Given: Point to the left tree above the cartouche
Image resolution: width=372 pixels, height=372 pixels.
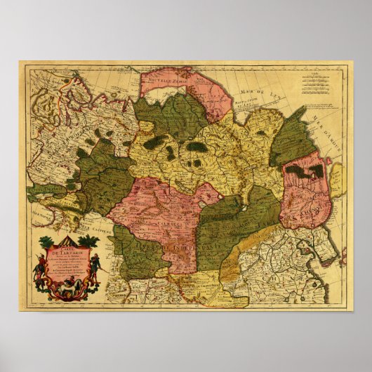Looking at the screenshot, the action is [46, 243].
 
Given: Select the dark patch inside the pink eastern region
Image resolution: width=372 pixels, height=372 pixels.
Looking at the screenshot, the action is [305, 170].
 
